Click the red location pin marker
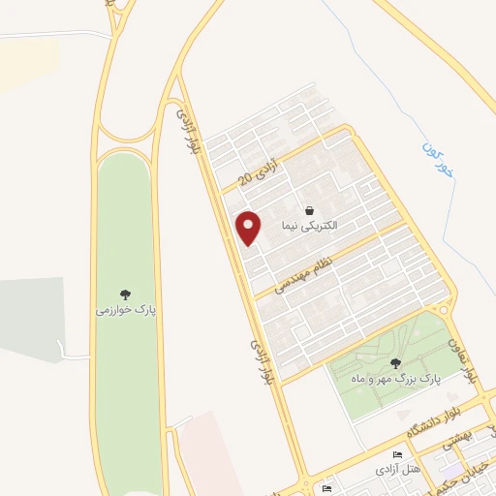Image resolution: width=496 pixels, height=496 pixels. [250, 227]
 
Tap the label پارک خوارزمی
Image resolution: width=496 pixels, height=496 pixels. [125, 311]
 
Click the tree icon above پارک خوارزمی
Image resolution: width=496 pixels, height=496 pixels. [125, 294]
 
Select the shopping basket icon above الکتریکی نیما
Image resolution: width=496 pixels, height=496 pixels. [308, 210]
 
